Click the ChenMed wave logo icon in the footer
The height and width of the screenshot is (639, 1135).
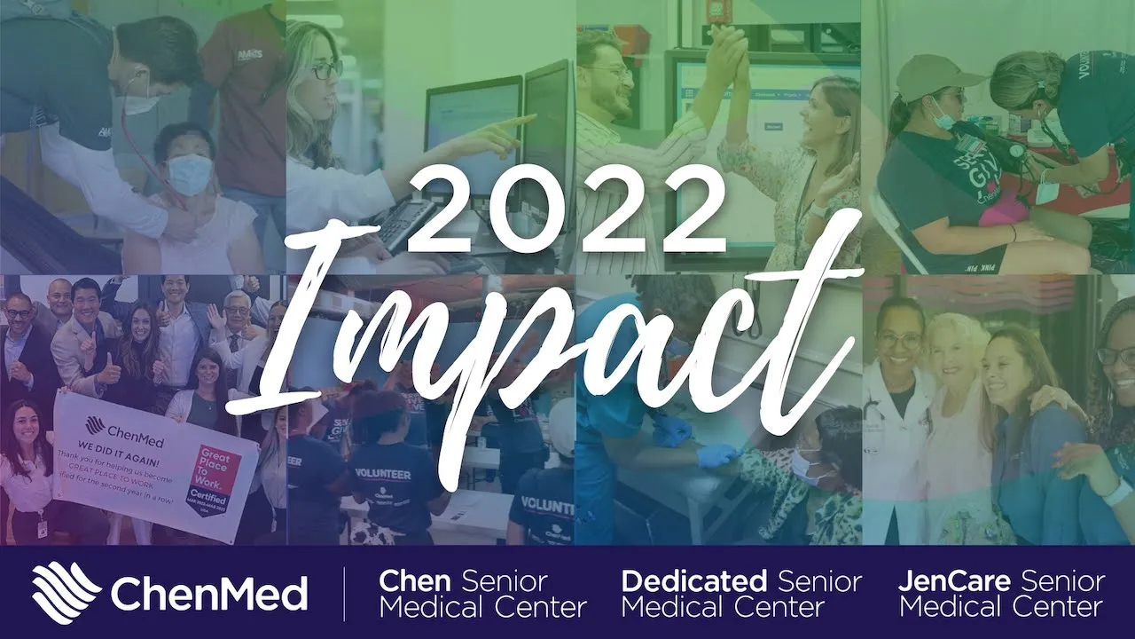(67, 592)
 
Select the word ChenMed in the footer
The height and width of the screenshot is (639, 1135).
(209, 593)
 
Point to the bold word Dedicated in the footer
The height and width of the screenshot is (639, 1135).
(693, 582)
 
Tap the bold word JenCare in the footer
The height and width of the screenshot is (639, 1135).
(954, 582)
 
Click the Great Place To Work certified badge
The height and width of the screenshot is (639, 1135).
(214, 480)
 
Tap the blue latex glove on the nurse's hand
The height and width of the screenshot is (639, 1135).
(716, 455)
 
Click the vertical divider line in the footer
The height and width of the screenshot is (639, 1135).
(345, 593)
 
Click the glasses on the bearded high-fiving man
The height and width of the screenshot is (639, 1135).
(606, 71)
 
